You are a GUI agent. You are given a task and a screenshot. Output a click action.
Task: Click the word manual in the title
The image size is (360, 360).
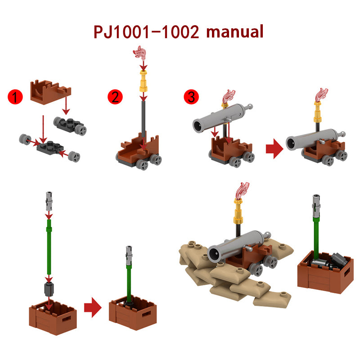coord(234,31)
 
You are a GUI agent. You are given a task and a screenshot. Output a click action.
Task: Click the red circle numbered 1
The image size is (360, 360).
coord(15,97)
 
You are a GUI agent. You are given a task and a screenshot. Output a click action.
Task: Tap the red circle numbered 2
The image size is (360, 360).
coord(115,97)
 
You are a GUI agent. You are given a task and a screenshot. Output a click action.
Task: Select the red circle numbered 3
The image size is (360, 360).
coord(191,97)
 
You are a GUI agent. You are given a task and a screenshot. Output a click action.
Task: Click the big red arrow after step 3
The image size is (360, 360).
coord(274,148)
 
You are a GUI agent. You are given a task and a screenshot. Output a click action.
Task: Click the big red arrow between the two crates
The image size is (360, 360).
coord(93,307)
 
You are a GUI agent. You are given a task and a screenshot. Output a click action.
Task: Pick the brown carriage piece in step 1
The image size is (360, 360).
coord(50,92)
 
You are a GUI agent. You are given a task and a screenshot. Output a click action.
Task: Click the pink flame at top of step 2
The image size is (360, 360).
coord(139,53)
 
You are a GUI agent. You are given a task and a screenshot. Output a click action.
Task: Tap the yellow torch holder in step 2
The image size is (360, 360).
coord(143,81)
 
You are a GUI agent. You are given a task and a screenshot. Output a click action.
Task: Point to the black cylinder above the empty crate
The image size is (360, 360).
coord(49,289)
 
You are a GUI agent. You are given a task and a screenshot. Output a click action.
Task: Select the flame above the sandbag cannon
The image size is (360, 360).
coord(242,191)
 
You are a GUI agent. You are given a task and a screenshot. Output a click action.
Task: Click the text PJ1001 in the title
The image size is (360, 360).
coord(121,32)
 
